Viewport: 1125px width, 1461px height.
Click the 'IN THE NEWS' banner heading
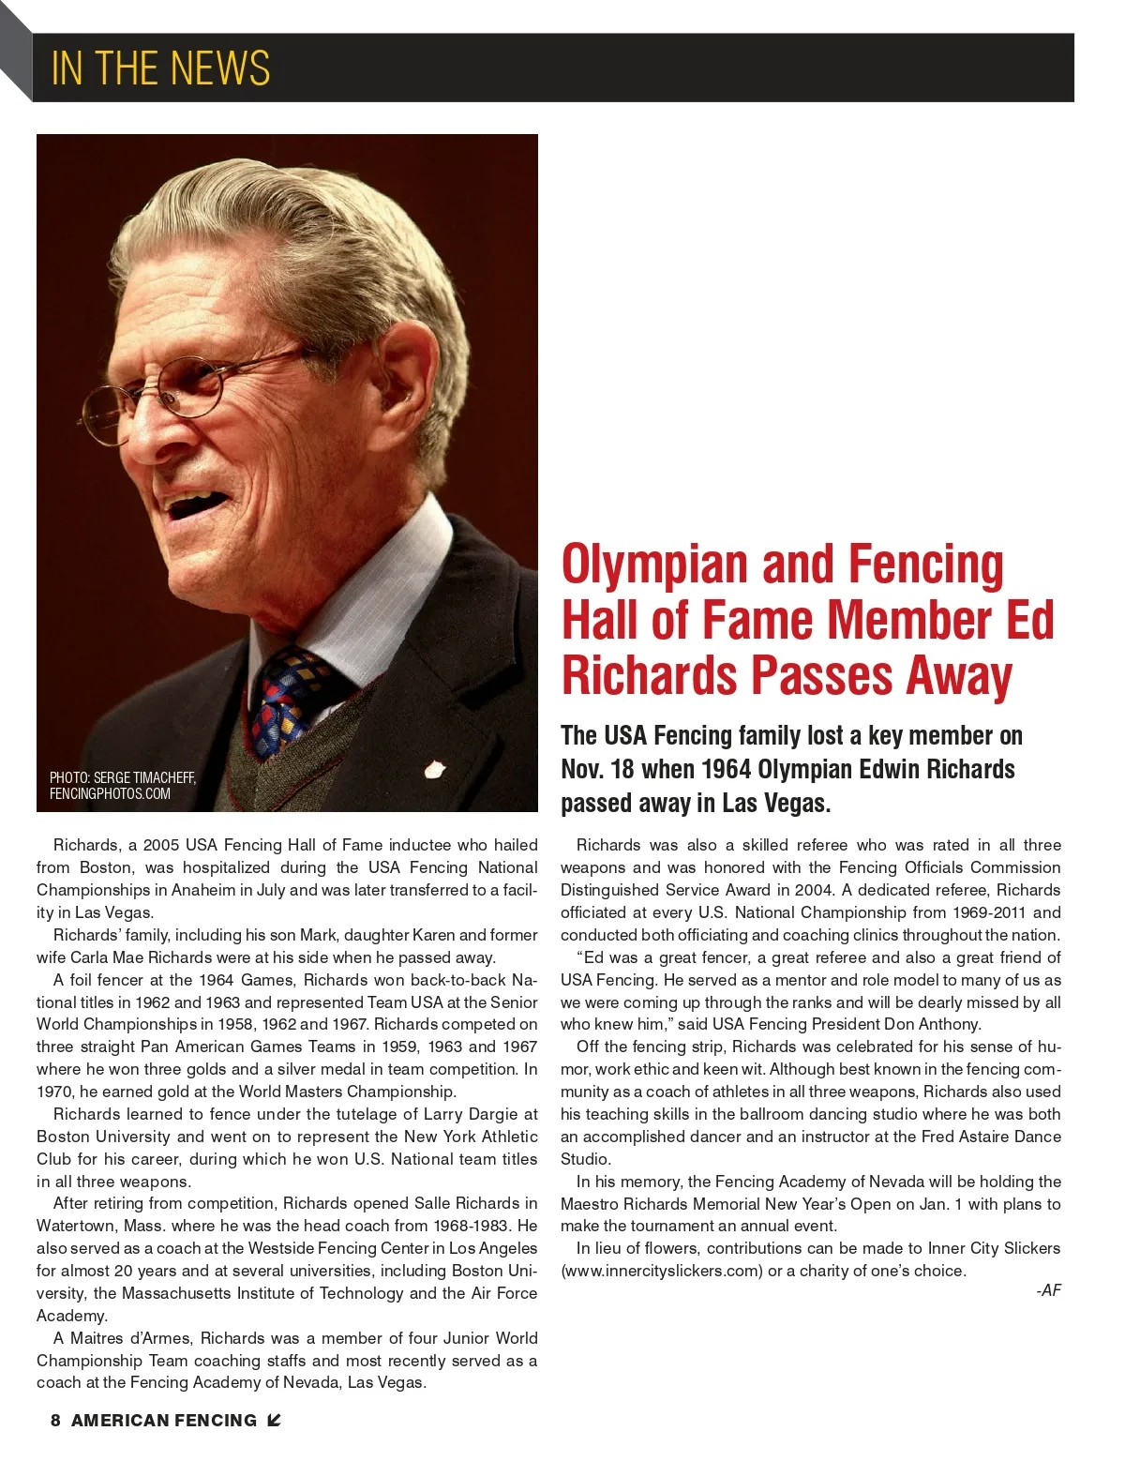tap(160, 68)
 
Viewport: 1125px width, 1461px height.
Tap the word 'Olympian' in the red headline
tap(654, 565)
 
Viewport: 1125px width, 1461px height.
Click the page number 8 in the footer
tap(55, 1421)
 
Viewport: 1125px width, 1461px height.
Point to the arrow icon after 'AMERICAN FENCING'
tap(274, 1421)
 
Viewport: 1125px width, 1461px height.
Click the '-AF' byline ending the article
tap(1048, 1290)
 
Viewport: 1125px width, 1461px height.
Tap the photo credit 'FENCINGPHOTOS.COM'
tap(110, 793)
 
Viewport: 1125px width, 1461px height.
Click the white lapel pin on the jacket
tap(435, 770)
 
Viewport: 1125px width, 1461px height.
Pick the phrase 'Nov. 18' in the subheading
tap(597, 770)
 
